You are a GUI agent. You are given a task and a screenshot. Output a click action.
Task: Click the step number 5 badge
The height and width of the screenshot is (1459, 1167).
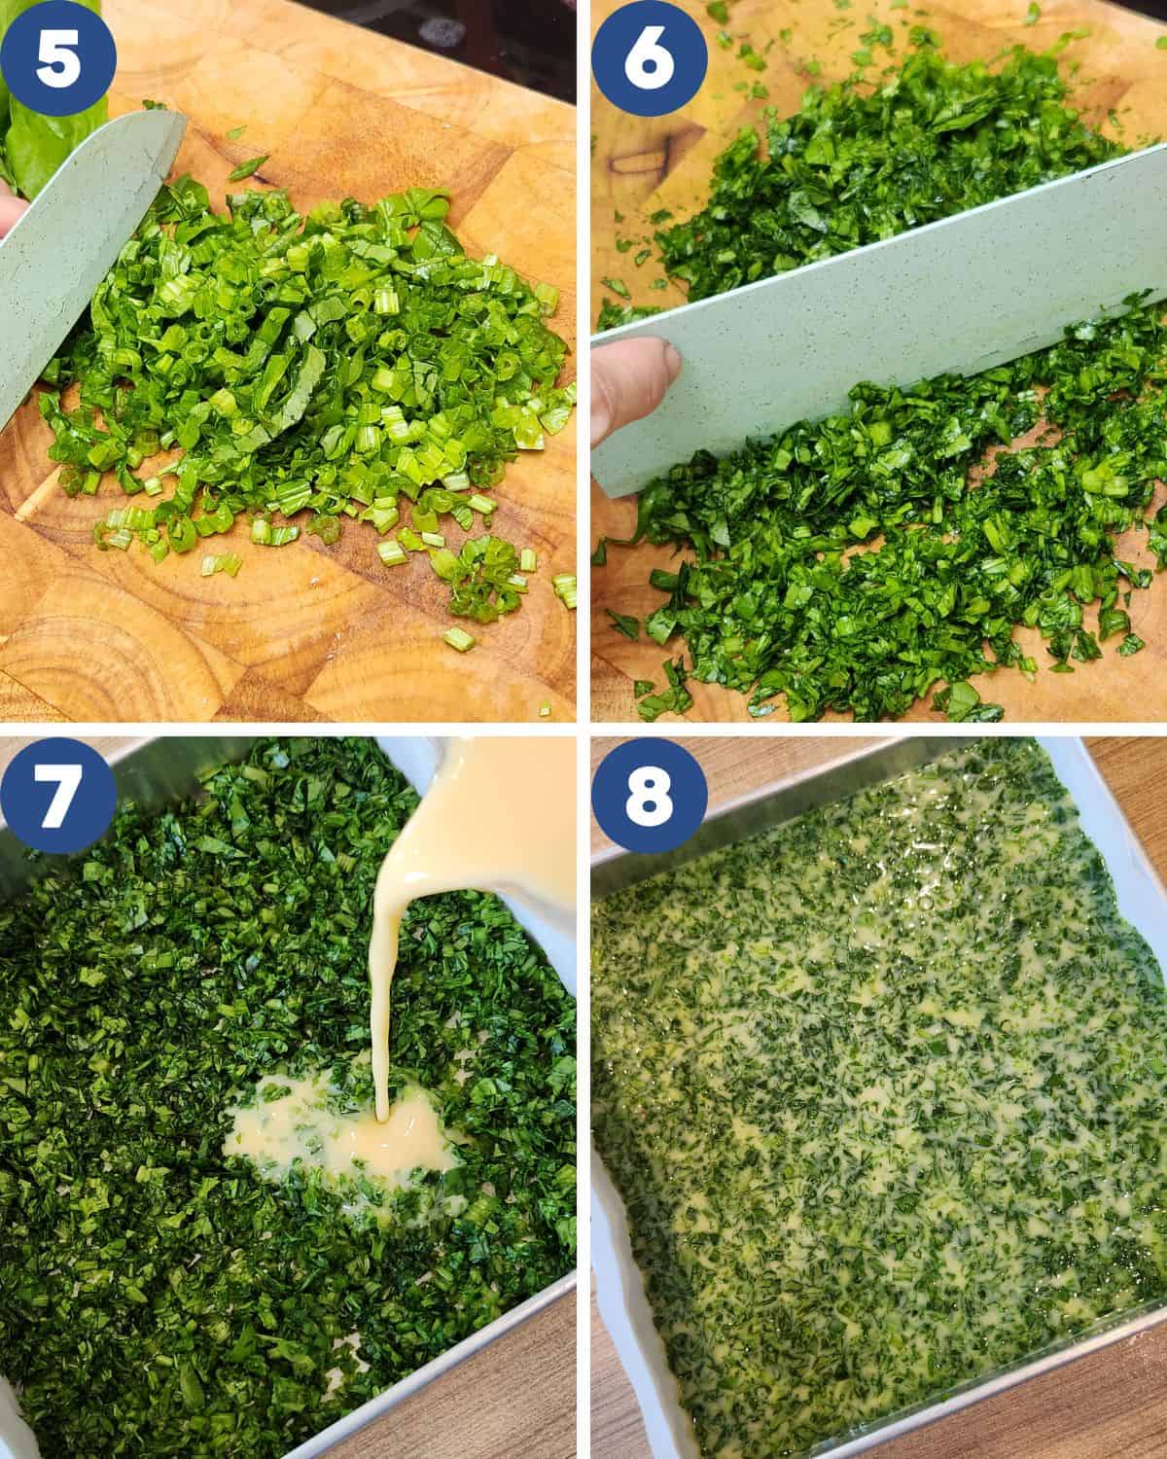(x=57, y=57)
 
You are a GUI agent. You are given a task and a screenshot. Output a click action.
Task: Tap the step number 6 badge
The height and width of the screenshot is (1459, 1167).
(x=649, y=57)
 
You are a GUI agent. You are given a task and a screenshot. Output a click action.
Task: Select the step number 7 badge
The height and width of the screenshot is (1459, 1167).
(x=57, y=795)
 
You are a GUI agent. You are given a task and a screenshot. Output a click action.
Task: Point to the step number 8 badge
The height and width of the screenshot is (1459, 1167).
(x=649, y=795)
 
